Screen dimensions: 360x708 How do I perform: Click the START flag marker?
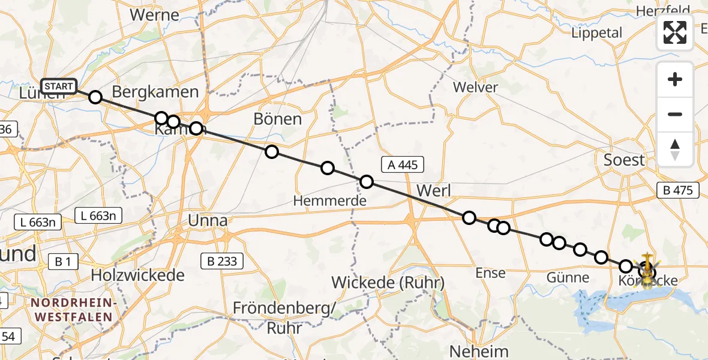pos(58,86)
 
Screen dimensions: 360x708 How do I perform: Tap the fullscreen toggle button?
pos(675,32)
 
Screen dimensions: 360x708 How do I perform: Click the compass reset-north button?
pos(675,149)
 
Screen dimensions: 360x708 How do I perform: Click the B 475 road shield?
pos(678,191)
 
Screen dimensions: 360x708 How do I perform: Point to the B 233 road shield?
pos(223,261)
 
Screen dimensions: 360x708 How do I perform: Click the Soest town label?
pos(625,160)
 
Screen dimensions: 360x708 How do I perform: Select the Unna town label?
pos(208,221)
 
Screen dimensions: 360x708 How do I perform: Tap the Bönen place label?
pos(277,119)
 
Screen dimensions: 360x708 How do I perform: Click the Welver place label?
pos(475,88)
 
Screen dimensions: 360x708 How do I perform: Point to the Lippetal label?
pos(597,33)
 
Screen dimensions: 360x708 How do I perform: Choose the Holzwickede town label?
pos(138,276)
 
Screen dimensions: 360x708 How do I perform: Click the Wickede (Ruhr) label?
pos(388,283)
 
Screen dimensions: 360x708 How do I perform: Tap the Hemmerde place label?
pos(329,201)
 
